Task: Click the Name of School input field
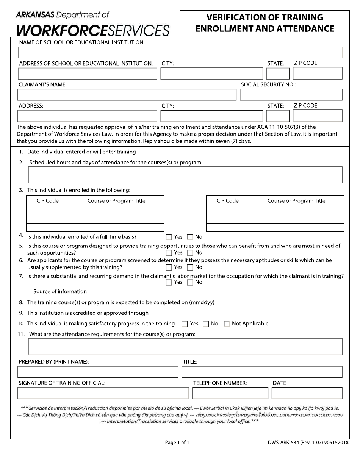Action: [x=180, y=52]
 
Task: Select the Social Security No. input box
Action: [x=291, y=95]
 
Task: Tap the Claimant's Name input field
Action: [x=127, y=95]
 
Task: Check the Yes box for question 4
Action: [x=169, y=237]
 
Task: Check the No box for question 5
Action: [x=190, y=253]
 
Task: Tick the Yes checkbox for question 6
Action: [x=169, y=267]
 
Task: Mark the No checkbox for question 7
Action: [x=190, y=282]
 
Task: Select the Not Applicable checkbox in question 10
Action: [x=227, y=324]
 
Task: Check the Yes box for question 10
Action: [x=185, y=324]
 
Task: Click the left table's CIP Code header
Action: [x=47, y=201]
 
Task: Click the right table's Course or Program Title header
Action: [x=296, y=201]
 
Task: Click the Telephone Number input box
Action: [x=230, y=393]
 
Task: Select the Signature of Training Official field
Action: [x=103, y=393]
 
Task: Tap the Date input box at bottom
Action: [x=307, y=393]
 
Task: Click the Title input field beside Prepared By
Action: [x=262, y=372]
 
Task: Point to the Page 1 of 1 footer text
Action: [x=177, y=443]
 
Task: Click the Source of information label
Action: [x=60, y=292]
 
